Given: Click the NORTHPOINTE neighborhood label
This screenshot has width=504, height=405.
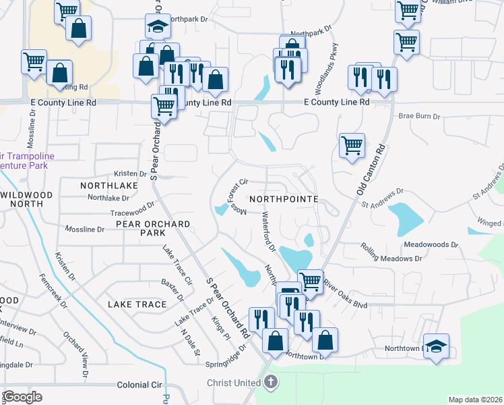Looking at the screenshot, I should [283, 200].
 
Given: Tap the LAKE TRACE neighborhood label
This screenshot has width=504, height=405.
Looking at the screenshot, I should [137, 304].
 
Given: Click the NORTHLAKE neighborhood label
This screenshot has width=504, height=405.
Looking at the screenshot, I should [109, 185].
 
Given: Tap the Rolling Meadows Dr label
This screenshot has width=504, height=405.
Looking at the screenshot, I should [391, 253].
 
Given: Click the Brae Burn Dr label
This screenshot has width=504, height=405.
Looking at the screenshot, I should [418, 116].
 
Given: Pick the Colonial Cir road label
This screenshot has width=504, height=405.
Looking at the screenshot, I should [141, 385].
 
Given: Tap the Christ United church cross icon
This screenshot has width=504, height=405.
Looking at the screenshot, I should [271, 383].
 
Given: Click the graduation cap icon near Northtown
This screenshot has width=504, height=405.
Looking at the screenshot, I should [436, 346].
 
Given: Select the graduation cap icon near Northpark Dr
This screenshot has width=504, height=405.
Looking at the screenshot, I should [158, 28].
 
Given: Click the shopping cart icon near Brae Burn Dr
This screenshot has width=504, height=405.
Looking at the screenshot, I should [352, 145].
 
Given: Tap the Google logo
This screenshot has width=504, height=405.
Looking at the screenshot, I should [22, 396].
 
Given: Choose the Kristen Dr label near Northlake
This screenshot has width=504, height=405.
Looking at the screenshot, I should [131, 174].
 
